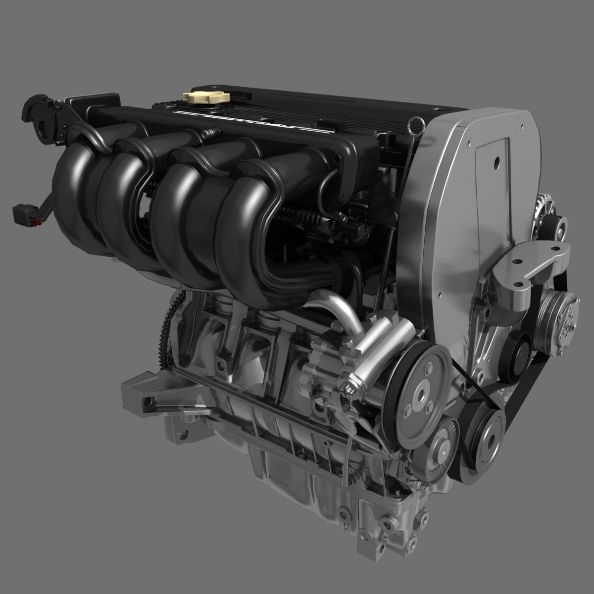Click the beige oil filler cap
tap(202, 96)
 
